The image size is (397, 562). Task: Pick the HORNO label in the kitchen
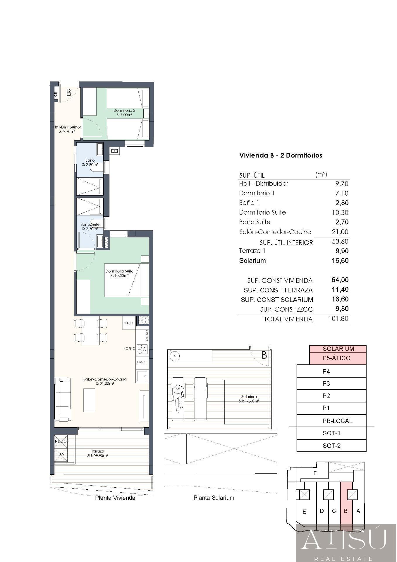[x=129, y=349]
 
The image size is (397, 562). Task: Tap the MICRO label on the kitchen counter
[x=147, y=335]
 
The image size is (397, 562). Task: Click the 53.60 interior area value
[x=340, y=241]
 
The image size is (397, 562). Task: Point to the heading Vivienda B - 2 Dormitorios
[x=281, y=155]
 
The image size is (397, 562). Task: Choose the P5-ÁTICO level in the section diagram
[x=338, y=358]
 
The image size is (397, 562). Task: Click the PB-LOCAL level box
[x=331, y=421]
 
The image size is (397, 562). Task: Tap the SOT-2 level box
[x=331, y=446]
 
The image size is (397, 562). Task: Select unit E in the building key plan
[x=304, y=511]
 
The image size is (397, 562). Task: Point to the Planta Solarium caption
[x=214, y=497]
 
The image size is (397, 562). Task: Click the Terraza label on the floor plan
[x=98, y=451]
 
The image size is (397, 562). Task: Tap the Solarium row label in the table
[x=252, y=261]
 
